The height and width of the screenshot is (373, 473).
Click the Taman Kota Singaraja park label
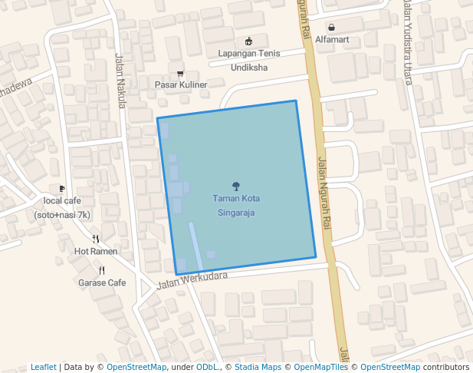[x=235, y=206]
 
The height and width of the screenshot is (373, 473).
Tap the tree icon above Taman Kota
[x=235, y=185]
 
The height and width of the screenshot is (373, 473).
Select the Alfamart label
[x=332, y=39]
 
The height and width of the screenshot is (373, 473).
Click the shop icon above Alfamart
[x=331, y=26]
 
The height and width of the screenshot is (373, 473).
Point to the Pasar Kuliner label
[x=181, y=84]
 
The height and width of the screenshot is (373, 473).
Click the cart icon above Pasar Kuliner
[x=181, y=74]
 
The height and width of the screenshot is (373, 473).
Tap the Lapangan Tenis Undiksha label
[x=249, y=61]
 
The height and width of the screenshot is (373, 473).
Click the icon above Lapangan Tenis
[x=248, y=41]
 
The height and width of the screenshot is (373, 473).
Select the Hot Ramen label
[x=96, y=251]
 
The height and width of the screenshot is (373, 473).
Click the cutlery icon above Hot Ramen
[x=96, y=239]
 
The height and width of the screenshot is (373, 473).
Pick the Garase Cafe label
[x=102, y=282]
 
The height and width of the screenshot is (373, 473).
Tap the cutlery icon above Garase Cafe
[x=102, y=270]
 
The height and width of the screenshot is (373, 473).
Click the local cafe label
[x=62, y=207]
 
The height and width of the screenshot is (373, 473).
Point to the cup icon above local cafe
[x=62, y=188]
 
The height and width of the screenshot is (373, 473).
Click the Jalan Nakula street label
[x=120, y=80]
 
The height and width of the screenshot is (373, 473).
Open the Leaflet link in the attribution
[x=43, y=367]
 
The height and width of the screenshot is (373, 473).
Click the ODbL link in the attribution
[x=206, y=367]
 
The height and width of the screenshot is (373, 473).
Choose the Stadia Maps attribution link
[x=258, y=367]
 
